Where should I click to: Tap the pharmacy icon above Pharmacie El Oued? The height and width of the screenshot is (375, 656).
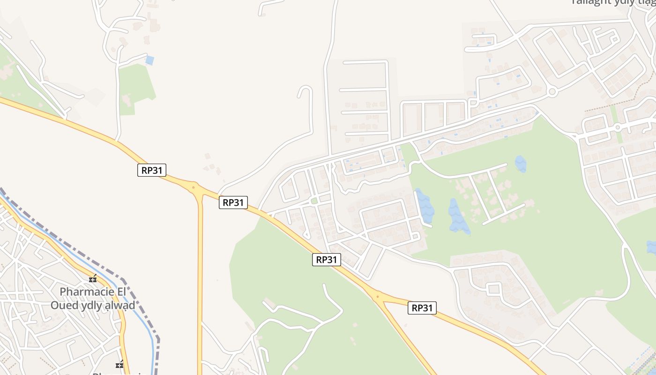[x=93, y=278]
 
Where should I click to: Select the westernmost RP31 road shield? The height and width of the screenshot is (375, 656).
[x=152, y=170]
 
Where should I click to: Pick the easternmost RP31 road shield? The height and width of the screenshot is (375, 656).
[x=422, y=307]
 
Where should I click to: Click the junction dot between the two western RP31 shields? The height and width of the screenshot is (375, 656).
[x=194, y=187]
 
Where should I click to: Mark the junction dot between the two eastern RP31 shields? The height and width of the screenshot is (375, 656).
[x=377, y=296]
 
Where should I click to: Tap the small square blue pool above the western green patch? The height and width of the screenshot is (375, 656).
[x=149, y=60]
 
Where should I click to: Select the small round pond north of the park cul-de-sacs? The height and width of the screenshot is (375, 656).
[x=521, y=164]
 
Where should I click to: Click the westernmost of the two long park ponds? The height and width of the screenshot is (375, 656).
[x=425, y=206]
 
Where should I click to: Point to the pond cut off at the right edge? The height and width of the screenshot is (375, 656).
[x=651, y=247]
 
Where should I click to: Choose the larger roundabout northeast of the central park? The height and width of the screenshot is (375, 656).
[x=552, y=91]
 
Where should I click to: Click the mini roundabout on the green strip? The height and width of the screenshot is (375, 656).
[x=618, y=127]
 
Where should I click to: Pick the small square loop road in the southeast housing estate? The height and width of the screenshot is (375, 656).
[x=493, y=288]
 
